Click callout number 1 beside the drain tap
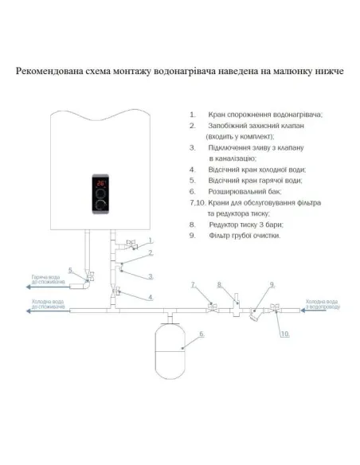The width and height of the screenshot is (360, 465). click(148, 240)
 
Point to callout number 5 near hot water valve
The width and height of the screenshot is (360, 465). click(71, 271)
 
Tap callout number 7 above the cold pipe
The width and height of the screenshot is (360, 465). click(193, 284)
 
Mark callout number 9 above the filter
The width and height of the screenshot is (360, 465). click(272, 284)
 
